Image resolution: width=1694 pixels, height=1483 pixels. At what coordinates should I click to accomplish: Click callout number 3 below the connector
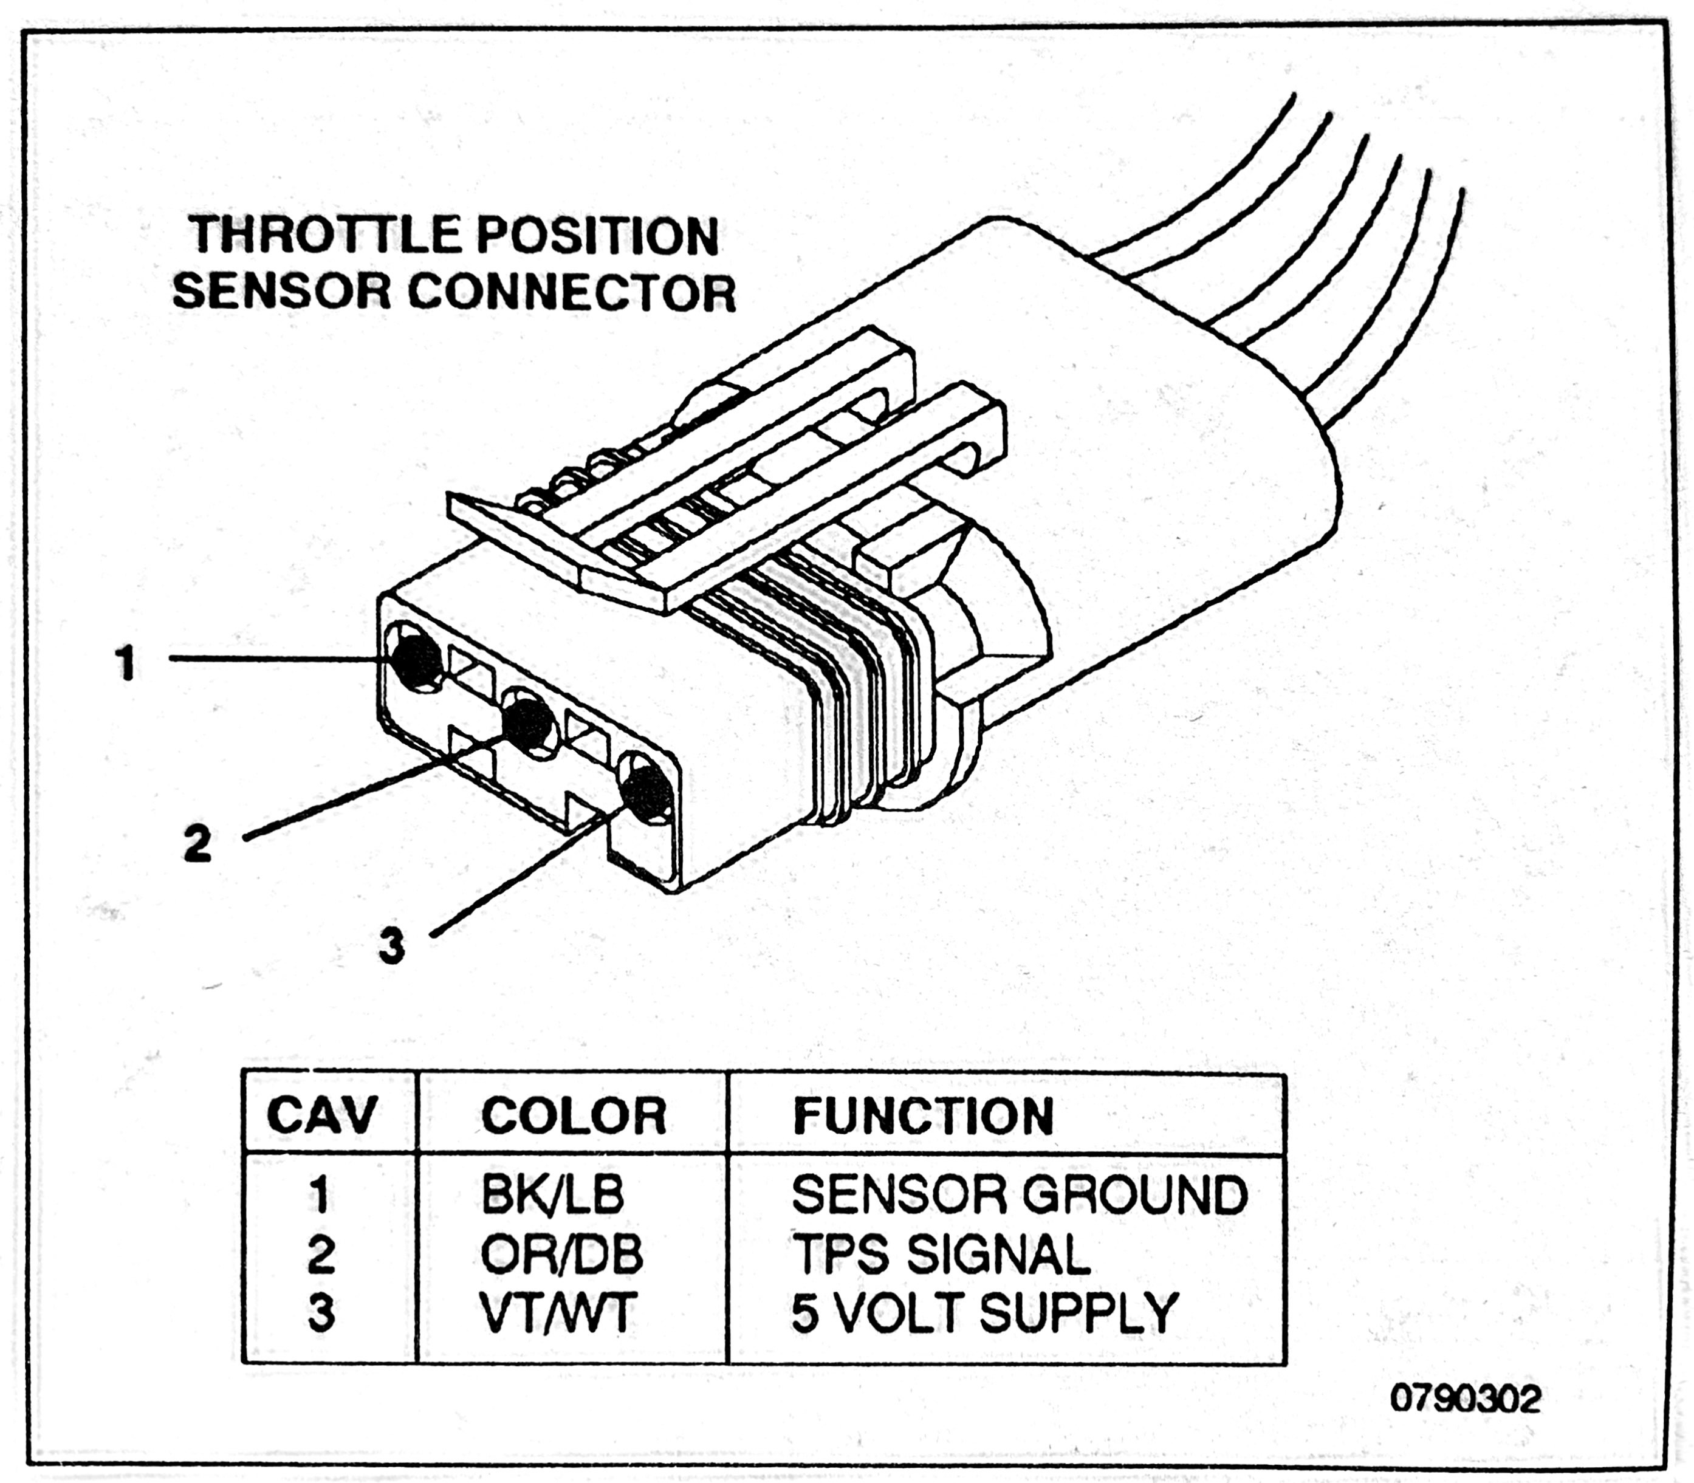click(x=391, y=945)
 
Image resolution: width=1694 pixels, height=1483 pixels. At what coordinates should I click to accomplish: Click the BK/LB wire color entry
click(x=552, y=1196)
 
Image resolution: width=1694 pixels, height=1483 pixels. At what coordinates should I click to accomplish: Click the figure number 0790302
click(x=1465, y=1399)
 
